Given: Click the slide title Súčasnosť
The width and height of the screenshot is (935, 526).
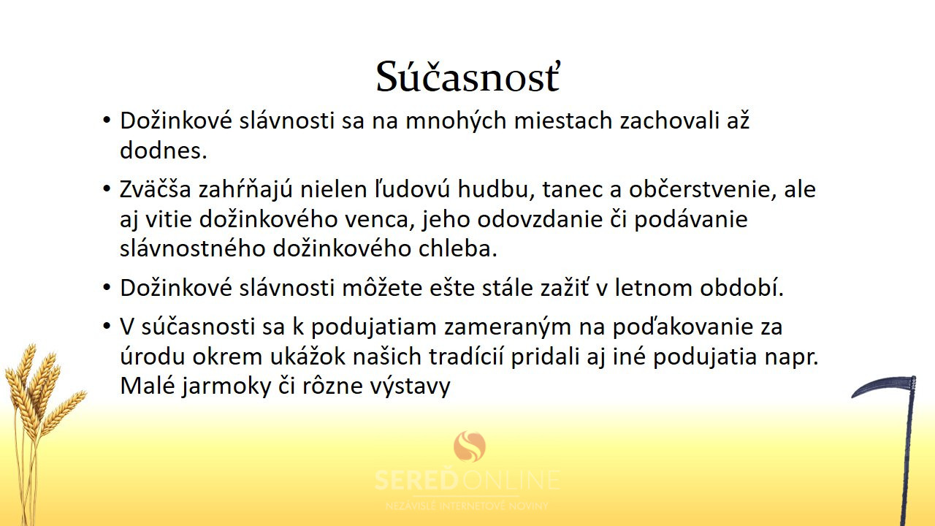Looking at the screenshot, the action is point(467,77).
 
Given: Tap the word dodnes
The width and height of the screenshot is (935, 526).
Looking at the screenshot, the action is point(163,150).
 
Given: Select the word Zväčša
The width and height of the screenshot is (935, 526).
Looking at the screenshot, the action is point(156,188).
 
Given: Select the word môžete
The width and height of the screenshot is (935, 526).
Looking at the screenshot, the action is point(382,288).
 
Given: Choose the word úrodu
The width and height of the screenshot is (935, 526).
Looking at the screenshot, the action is point(153,356).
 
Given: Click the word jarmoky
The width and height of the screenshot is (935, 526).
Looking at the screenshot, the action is point(226,386).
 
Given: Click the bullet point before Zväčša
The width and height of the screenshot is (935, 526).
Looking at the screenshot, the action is point(107,188).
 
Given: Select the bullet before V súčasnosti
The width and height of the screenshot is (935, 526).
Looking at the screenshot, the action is point(107,326).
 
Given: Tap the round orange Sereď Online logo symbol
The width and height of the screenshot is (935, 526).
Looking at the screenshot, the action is point(470,446).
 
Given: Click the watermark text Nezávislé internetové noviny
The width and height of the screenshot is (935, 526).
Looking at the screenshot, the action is point(467,506).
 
